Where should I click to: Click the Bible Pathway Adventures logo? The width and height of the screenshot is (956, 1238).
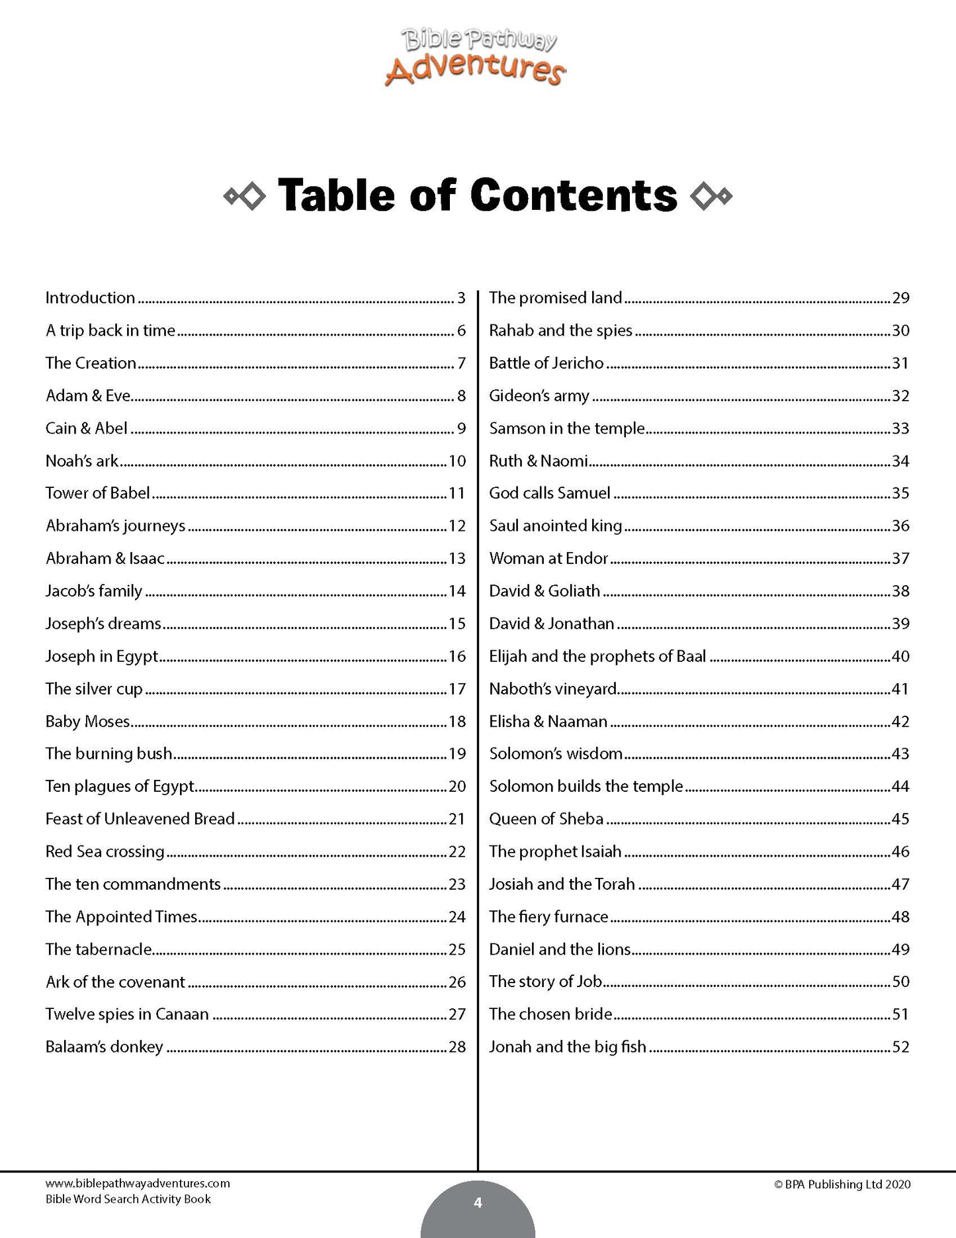[x=475, y=60]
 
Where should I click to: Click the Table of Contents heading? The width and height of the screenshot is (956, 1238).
[x=478, y=195]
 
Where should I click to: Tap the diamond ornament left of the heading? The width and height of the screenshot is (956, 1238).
[x=245, y=196]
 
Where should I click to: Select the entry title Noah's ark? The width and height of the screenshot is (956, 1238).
[x=82, y=461]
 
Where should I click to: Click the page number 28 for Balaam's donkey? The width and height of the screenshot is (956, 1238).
[x=457, y=1047]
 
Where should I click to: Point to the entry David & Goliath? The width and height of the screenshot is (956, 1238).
[x=544, y=591]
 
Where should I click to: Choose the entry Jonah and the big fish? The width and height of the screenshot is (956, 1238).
[x=567, y=1047]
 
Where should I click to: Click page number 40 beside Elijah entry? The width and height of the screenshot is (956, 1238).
[x=900, y=656]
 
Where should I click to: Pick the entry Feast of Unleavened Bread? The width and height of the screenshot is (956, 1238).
[x=140, y=819]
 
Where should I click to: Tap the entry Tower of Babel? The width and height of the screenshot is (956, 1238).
[x=97, y=493]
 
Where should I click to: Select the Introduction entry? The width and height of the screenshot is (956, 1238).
[x=90, y=298]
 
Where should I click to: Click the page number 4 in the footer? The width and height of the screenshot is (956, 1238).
[x=478, y=1203]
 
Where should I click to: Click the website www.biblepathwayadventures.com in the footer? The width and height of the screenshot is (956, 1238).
[x=138, y=1184]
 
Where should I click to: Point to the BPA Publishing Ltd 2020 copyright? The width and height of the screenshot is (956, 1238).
[x=842, y=1185]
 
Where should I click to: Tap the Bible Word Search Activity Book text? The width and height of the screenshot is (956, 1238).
[x=128, y=1199]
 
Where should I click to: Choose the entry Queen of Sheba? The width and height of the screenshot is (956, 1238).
[x=546, y=819]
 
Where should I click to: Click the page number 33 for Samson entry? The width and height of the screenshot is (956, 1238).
[x=900, y=428]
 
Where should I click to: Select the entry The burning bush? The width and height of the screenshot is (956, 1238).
[x=109, y=754]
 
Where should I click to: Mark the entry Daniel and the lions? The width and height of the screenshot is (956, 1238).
[x=560, y=949]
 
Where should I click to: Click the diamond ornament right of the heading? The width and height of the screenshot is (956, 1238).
[x=711, y=196]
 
